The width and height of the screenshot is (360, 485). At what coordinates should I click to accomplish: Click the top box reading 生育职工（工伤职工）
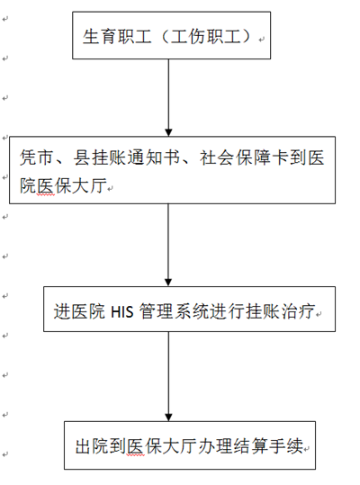tap(171, 35)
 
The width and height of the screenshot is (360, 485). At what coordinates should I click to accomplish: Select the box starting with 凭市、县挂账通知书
tap(172, 170)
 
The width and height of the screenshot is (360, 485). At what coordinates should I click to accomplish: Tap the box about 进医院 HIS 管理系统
tap(189, 309)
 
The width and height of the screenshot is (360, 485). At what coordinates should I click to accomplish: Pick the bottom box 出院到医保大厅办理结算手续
tap(190, 445)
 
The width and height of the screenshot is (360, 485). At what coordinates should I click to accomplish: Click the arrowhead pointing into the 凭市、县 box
tap(168, 132)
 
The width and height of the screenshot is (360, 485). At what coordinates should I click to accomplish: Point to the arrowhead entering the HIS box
tap(168, 283)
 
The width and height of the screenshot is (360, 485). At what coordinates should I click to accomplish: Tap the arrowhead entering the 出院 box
tap(168, 417)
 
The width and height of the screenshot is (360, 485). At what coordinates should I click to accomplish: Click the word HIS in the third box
tap(122, 311)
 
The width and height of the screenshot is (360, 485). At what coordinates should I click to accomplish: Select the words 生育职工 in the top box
tap(117, 37)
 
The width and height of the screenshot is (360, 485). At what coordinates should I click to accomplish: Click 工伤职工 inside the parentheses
tap(205, 37)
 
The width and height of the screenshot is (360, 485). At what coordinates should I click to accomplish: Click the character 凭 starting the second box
tap(29, 157)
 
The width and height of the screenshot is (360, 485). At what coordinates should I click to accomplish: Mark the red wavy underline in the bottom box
tap(135, 455)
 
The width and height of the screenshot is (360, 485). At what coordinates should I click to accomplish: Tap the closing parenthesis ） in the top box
tap(247, 37)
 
